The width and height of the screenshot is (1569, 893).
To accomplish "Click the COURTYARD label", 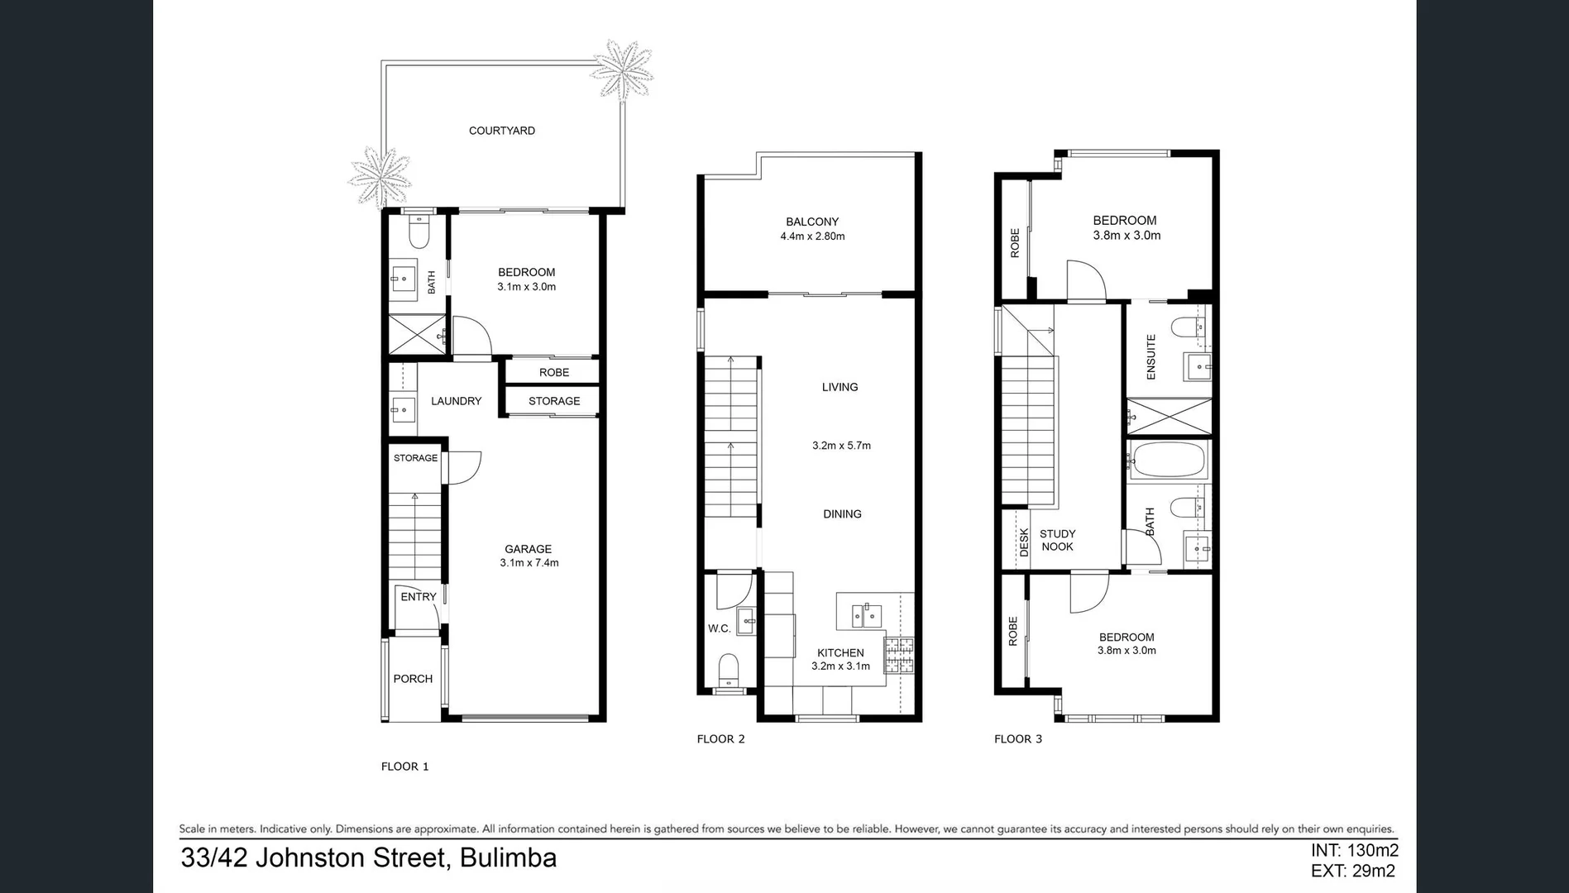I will point(501,131).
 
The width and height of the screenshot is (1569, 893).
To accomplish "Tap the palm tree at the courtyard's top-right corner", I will point(620,69).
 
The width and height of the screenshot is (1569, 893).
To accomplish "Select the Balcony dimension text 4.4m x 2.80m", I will point(812,236).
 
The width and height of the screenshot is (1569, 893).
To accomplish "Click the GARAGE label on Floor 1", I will point(528,549).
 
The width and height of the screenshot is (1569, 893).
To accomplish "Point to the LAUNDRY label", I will point(456,401).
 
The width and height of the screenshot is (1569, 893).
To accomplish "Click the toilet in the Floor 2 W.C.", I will point(728,669).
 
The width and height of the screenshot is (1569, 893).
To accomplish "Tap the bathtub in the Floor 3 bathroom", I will point(1167,460).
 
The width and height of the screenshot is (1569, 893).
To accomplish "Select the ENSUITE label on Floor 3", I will point(1150,356).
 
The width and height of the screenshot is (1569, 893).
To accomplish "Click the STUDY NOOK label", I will point(1057,540).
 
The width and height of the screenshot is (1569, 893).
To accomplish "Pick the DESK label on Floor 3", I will point(1024,542).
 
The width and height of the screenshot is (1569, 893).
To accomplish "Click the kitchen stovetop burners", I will point(899,655).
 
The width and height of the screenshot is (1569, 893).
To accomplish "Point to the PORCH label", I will point(413,679).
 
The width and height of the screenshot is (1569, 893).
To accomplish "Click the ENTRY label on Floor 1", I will point(418,597).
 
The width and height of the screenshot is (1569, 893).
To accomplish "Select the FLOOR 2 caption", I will point(720,739).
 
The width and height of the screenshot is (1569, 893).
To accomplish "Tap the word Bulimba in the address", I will point(508,858).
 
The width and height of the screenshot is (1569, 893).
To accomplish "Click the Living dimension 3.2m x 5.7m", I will point(841,446).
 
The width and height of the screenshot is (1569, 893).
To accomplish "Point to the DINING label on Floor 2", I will point(842,514).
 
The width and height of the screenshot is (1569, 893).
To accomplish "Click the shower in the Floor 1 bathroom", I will point(418,335).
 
